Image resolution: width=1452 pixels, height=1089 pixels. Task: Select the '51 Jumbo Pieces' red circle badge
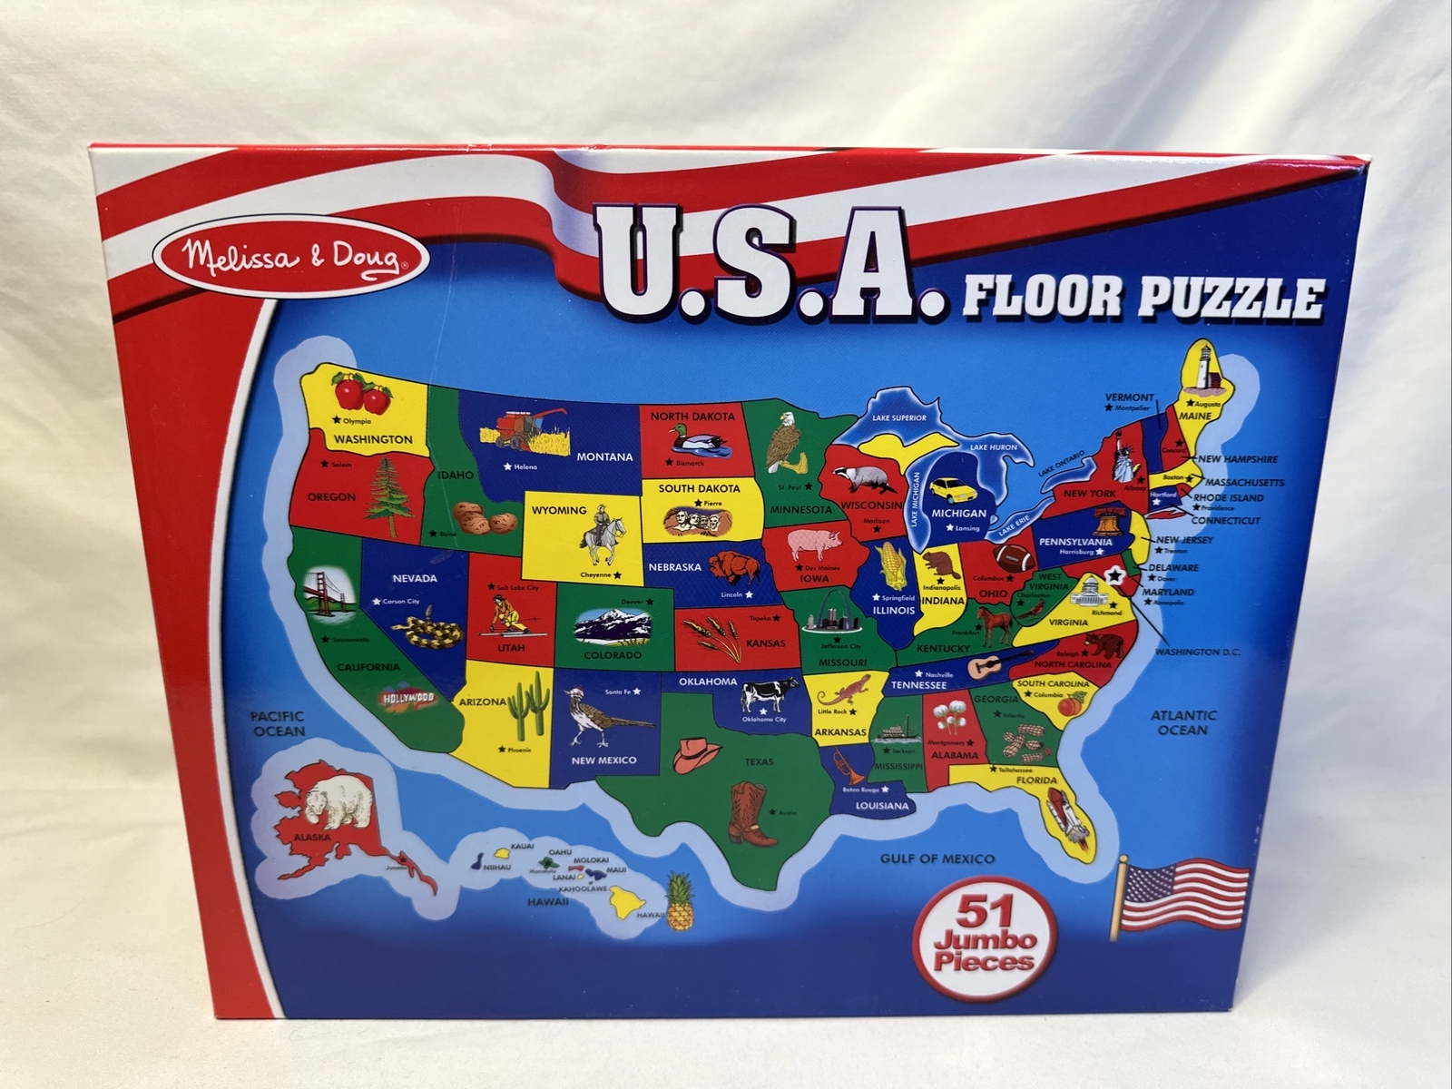click(x=983, y=935)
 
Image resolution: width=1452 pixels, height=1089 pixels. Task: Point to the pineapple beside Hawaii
click(x=679, y=900)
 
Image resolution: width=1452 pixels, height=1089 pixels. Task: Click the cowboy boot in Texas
click(x=752, y=813)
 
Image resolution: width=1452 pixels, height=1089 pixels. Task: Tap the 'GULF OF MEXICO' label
click(x=937, y=858)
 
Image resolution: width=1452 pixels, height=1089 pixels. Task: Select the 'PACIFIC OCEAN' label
click(x=279, y=723)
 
